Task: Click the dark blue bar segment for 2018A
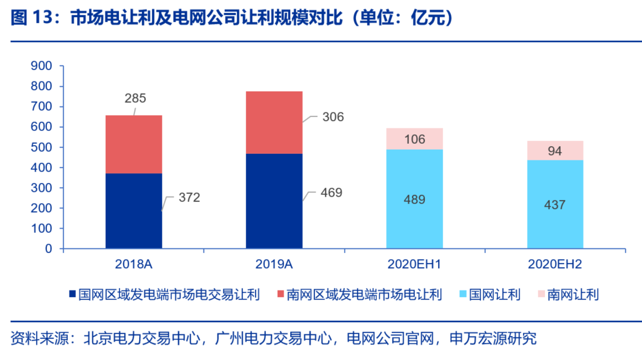134,211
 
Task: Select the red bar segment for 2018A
134,144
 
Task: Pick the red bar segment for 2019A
274,122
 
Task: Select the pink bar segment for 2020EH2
555,150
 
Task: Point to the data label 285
136,99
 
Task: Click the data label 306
333,117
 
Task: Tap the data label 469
331,193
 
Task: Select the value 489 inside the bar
414,200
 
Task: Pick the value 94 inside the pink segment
555,151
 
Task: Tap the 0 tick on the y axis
49,249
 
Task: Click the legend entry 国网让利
494,295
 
